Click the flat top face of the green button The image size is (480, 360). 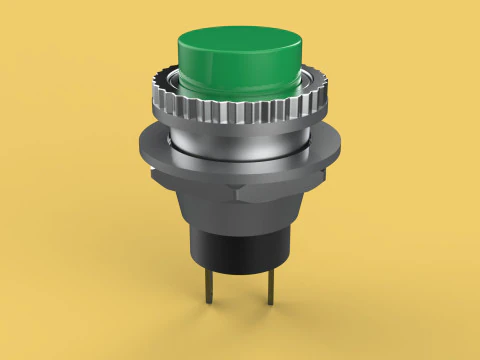[x=240, y=46]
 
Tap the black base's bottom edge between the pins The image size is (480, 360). [x=240, y=280]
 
